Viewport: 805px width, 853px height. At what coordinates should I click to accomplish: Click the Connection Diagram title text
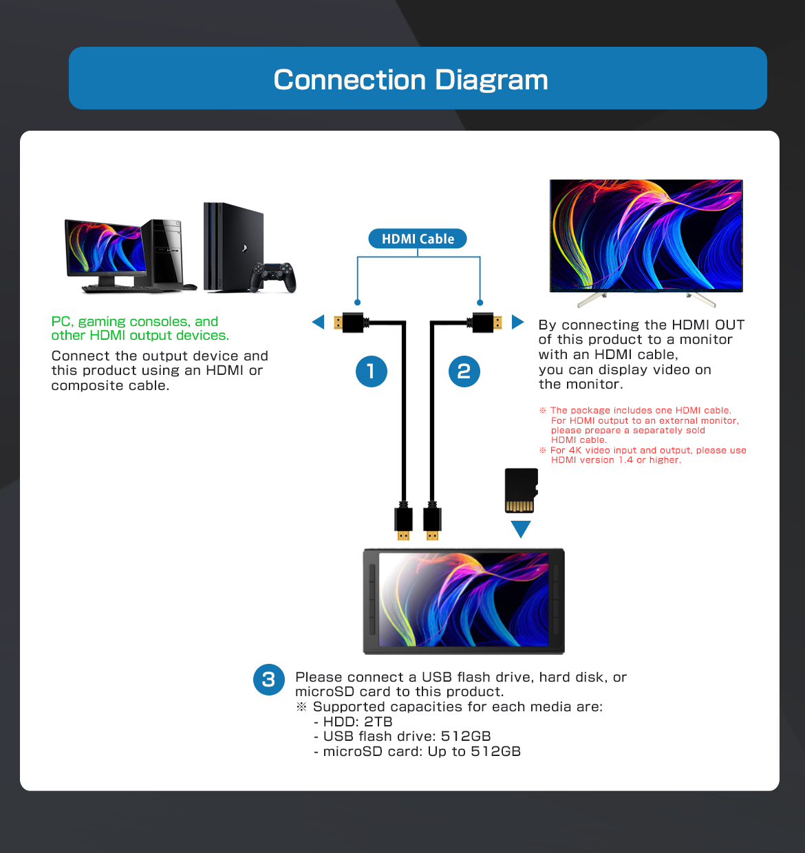(x=411, y=80)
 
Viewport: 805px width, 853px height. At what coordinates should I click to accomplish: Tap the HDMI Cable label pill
(x=418, y=239)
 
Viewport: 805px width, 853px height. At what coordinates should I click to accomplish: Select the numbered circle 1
(x=372, y=371)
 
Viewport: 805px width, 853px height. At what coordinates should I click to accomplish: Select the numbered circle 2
(x=464, y=371)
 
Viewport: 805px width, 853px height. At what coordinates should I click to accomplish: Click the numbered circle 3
(x=269, y=680)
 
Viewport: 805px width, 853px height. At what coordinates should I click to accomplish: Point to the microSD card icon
(x=521, y=490)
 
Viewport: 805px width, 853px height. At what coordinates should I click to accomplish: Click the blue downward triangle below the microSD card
(x=521, y=528)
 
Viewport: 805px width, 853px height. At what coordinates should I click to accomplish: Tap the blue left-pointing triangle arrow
(x=318, y=322)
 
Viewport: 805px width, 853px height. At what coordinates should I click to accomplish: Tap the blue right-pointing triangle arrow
(x=517, y=322)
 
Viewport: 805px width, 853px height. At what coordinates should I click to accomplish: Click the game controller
(x=273, y=277)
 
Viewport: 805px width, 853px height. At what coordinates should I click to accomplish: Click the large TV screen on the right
(x=646, y=235)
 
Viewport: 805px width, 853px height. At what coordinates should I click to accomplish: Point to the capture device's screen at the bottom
(x=464, y=599)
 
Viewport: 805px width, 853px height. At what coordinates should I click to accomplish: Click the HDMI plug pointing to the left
(x=350, y=322)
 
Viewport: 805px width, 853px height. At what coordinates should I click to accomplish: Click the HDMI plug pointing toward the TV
(x=486, y=322)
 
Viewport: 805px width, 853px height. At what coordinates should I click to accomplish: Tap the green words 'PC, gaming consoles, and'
(x=135, y=321)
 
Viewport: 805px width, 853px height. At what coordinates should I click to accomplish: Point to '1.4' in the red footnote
(x=625, y=460)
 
